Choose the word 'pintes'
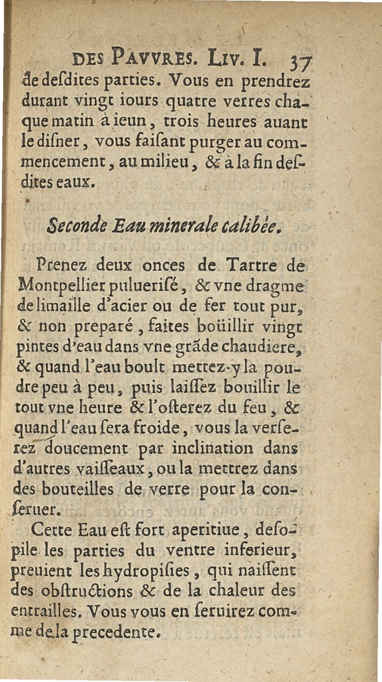(x=43, y=348)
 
